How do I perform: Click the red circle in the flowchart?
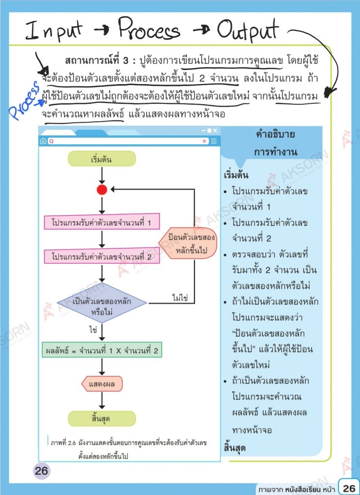[x=102, y=190]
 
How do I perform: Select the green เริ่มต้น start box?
[x=102, y=159]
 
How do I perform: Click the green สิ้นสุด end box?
[x=102, y=419]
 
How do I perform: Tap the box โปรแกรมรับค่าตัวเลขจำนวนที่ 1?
[x=105, y=223]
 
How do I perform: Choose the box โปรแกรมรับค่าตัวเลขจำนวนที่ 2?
[x=105, y=257]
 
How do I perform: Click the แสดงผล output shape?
[x=102, y=385]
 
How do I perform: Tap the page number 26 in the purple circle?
[x=42, y=471]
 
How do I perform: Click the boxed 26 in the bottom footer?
[x=349, y=487]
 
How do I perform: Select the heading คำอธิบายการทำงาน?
[x=276, y=143]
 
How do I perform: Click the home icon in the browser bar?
[x=44, y=141]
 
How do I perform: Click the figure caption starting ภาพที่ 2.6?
[x=128, y=448]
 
